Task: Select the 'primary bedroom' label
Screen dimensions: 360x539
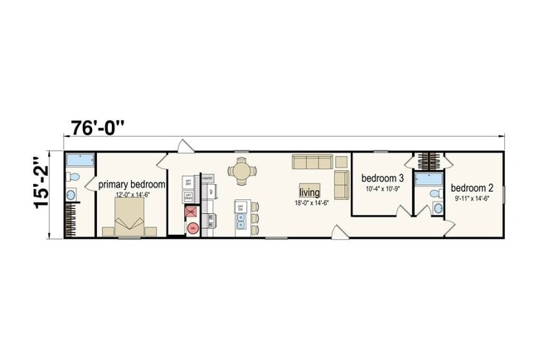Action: coord(132,185)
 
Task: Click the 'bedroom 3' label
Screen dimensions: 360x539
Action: coord(382,178)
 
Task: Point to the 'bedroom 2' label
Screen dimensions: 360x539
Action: coord(472,188)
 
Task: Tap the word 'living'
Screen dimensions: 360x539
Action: coord(309,192)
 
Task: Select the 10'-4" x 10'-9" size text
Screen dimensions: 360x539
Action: coord(383,189)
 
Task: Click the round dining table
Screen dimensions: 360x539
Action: coord(242,172)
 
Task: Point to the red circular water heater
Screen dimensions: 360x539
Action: coord(192,227)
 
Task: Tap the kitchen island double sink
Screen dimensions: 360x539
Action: coord(240,221)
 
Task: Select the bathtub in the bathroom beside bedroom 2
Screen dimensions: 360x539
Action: coord(429,180)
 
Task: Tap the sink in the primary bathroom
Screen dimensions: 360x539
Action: coord(70,195)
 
